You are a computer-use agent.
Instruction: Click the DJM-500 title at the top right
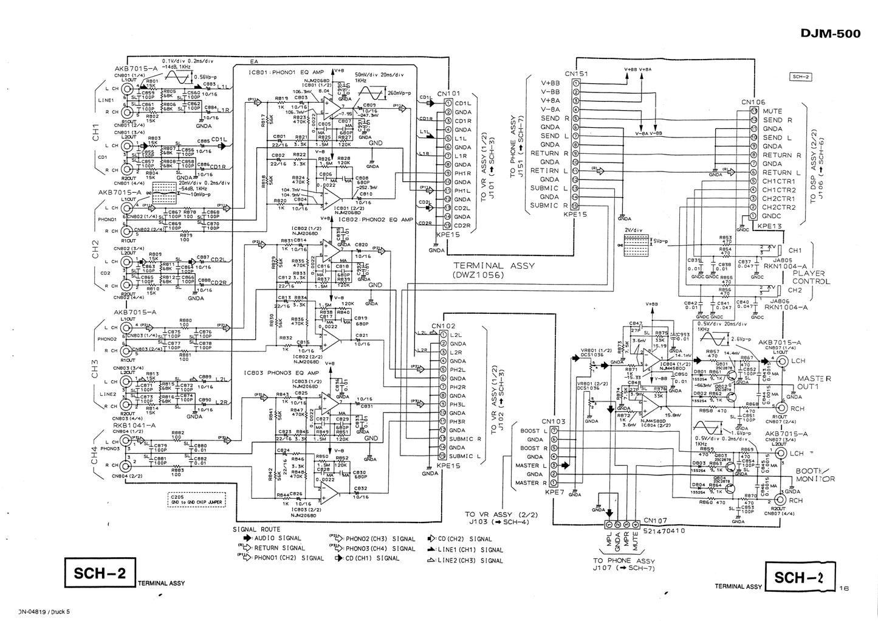pos(831,33)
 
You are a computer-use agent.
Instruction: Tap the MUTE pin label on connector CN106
pos(772,111)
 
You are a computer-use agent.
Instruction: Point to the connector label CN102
pos(444,325)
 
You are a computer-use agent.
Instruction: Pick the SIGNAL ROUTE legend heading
pos(256,530)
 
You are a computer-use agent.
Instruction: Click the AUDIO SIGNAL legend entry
pos(277,539)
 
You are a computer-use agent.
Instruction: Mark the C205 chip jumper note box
pos(196,499)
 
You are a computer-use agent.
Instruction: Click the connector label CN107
pos(655,521)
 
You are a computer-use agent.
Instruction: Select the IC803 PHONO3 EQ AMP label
pos(281,372)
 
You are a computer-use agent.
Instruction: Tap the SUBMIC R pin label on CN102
pos(466,439)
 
